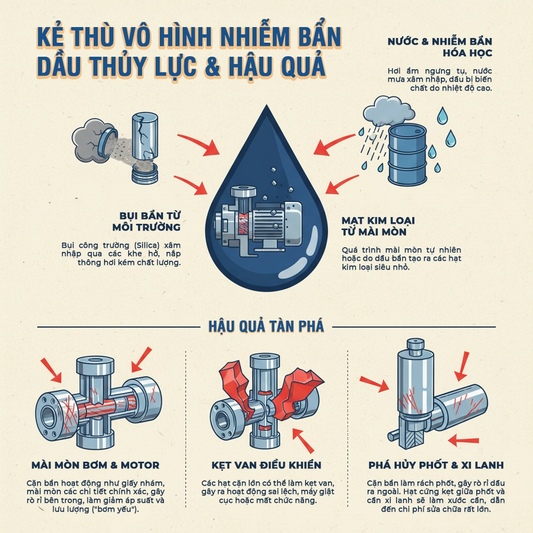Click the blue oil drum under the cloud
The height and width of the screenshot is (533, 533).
click(408, 155)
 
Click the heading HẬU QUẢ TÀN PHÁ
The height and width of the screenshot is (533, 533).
click(266, 326)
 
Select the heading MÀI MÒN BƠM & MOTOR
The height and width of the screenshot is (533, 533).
click(95, 465)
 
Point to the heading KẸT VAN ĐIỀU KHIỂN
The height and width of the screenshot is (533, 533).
click(266, 465)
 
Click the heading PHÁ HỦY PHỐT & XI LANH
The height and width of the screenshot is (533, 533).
click(436, 465)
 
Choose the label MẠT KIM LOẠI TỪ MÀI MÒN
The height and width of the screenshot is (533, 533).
click(378, 226)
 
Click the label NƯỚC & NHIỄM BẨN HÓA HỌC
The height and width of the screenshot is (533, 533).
click(440, 47)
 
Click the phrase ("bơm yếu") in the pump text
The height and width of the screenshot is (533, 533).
click(118, 509)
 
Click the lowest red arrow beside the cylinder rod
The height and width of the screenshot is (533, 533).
click(462, 441)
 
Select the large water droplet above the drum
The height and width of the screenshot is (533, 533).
click(442, 116)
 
